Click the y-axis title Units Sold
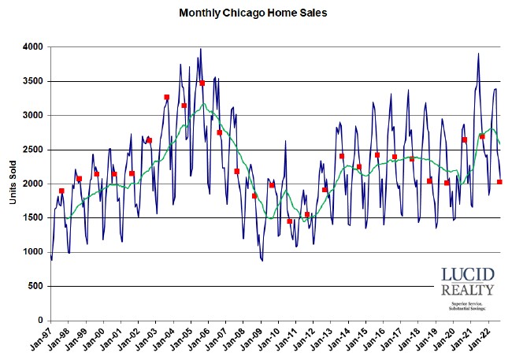pos(14,184)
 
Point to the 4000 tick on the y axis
pos(32,47)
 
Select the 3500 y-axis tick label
pos(32,81)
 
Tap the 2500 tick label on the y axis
pos(32,150)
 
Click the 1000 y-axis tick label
pos(32,252)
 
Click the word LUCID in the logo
pos(468,276)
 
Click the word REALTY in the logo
pos(468,291)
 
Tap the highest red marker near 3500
pos(202,83)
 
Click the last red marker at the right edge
pos(500,182)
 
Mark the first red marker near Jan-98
pos(61,191)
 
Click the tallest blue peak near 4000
pos(200,49)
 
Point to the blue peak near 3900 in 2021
pos(478,54)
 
